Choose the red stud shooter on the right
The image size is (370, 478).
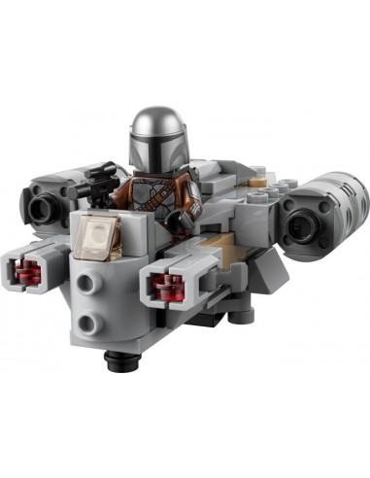[160, 284]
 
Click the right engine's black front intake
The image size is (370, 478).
[302, 218]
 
